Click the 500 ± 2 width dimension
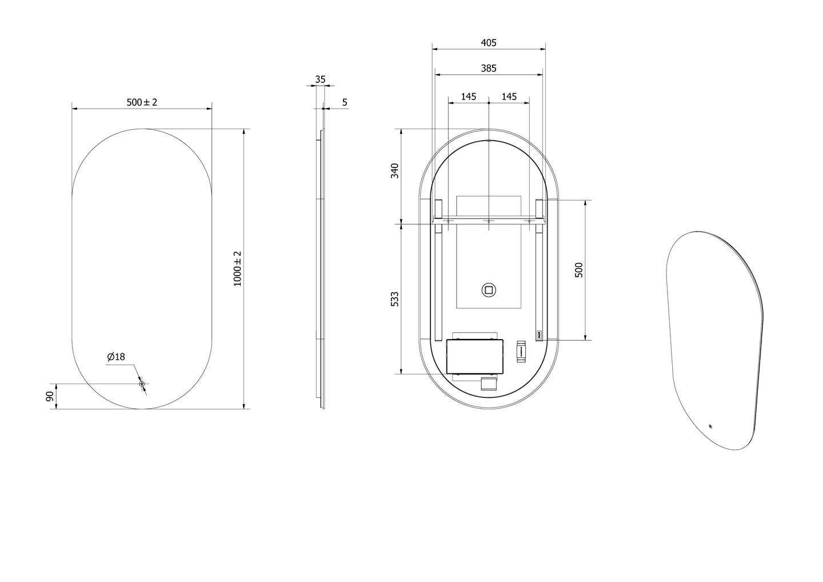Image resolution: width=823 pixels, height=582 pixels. pyautogui.click(x=142, y=102)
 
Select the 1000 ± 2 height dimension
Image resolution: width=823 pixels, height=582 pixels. pyautogui.click(x=238, y=269)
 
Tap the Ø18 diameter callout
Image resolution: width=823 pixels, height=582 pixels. pyautogui.click(x=116, y=356)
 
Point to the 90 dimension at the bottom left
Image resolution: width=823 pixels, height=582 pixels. pyautogui.click(x=50, y=396)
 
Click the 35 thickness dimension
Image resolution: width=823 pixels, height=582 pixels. pyautogui.click(x=321, y=79)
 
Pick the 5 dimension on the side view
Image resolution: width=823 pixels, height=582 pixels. pyautogui.click(x=345, y=102)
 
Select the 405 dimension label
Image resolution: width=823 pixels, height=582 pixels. pyautogui.click(x=489, y=43)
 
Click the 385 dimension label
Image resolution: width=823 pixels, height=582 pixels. pyautogui.click(x=489, y=69)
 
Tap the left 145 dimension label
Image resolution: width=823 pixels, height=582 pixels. pyautogui.click(x=469, y=97)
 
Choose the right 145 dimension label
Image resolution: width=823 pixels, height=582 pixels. pyautogui.click(x=509, y=97)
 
